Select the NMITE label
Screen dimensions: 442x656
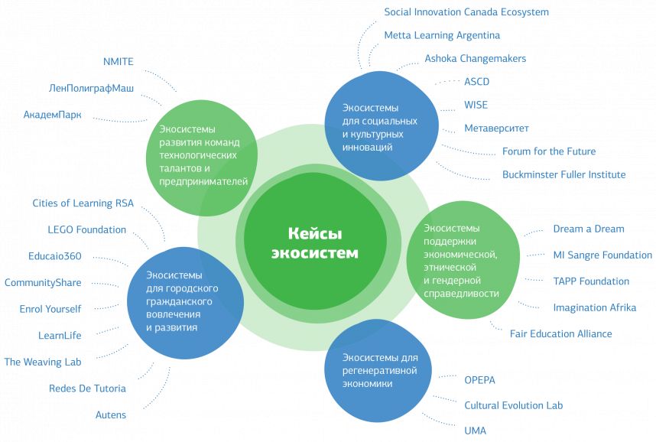(x=119, y=62)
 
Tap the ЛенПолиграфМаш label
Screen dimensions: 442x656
(x=91, y=89)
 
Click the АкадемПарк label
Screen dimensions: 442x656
(x=53, y=115)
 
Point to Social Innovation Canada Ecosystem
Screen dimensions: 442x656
(x=466, y=12)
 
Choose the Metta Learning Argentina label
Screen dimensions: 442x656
(x=442, y=35)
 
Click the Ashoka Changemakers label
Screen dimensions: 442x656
(x=475, y=58)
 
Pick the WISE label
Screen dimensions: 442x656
(x=476, y=105)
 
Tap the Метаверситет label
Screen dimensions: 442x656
(x=496, y=128)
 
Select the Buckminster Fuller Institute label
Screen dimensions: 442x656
(x=563, y=174)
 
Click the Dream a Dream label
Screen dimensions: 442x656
(x=588, y=229)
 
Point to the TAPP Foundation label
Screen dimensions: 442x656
(x=591, y=281)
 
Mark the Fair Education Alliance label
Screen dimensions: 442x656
(x=560, y=333)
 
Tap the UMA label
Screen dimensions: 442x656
(x=475, y=431)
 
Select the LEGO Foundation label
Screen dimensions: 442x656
(x=86, y=229)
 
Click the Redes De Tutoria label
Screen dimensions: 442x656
(x=87, y=388)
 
